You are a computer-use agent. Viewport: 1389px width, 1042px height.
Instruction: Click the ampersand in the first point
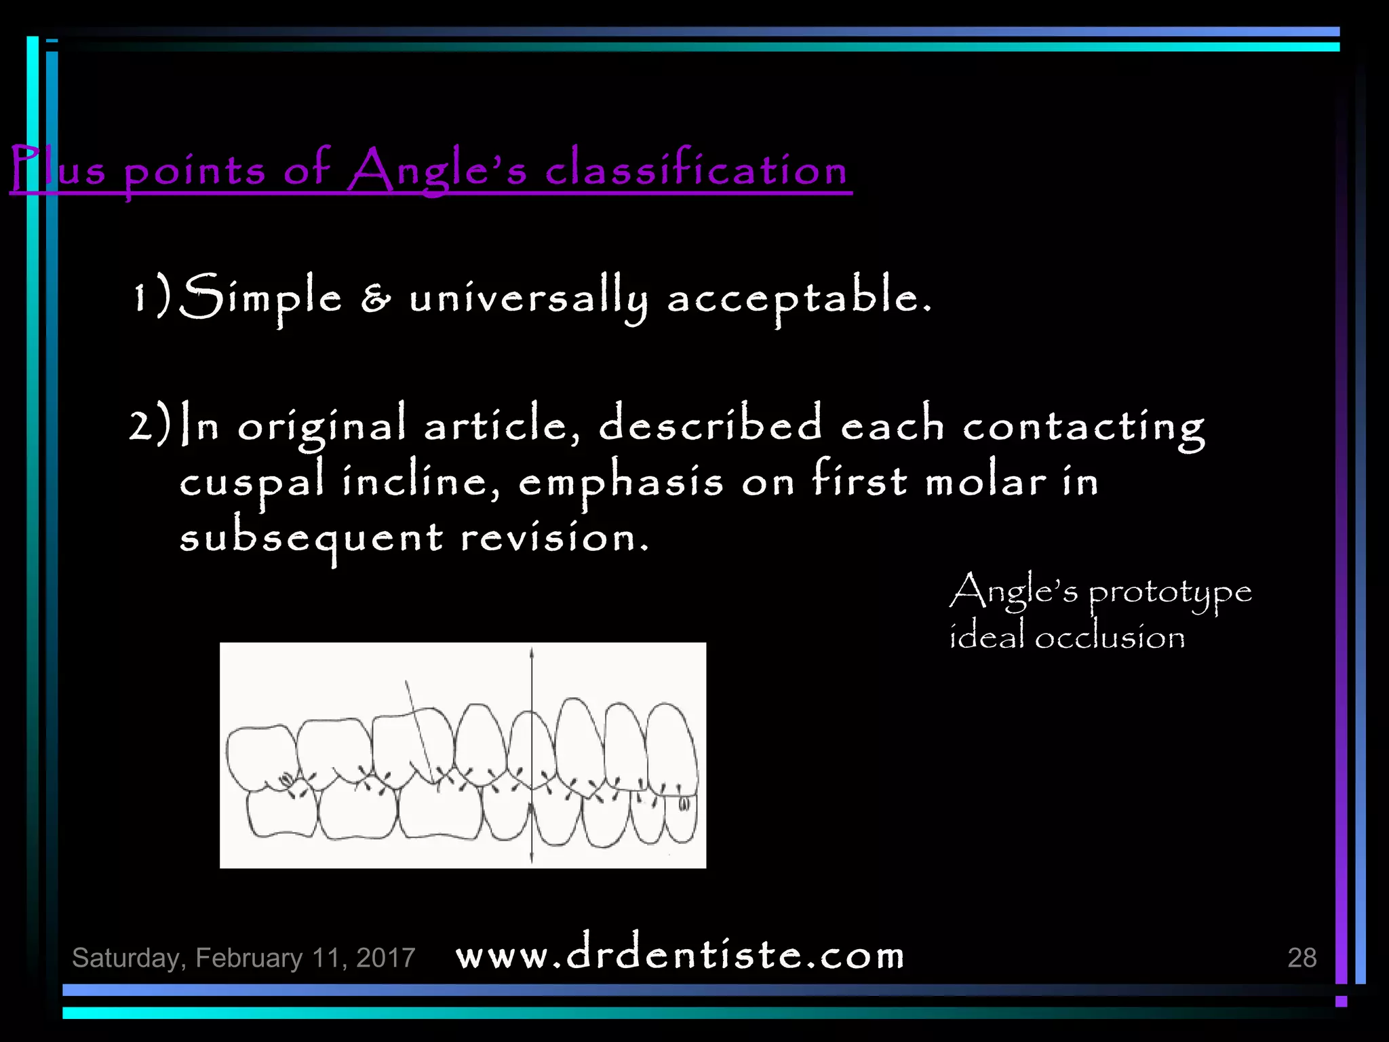pos(376,298)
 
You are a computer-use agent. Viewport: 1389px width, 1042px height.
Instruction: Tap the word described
pos(711,424)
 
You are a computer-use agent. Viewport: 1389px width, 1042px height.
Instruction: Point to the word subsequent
pos(311,539)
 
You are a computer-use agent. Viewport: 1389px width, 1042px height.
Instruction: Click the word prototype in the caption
pos(1170,593)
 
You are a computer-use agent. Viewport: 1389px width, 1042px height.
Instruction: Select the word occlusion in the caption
pos(1110,638)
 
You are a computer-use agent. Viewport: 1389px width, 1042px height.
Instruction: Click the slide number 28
pos(1302,957)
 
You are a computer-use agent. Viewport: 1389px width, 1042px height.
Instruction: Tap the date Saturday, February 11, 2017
pos(243,957)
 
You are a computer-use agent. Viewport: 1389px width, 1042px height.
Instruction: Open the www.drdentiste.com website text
pos(680,955)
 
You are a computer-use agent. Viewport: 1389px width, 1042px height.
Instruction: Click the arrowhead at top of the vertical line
pos(532,653)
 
